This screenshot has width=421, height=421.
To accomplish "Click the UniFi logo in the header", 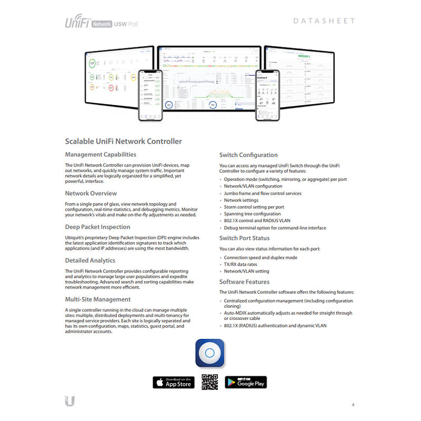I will [77, 23].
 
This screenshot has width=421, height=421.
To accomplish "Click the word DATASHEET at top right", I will [323, 21].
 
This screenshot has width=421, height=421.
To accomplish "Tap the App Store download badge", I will [174, 383].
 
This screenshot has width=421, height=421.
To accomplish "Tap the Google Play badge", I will [246, 383].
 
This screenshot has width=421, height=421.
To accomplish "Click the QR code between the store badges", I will [209, 382].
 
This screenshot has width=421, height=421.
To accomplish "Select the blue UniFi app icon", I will [210, 353].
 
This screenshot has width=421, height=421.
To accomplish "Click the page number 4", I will [353, 405].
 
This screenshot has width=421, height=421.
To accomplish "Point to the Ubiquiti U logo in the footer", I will [69, 400].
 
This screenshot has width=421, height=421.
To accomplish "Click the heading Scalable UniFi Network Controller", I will [123, 142].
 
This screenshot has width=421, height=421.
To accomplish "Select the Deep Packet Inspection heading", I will [97, 227].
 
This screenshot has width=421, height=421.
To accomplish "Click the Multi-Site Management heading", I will [97, 299].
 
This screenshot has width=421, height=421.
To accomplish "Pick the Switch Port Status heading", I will [244, 238].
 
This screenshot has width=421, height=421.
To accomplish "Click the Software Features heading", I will [244, 282].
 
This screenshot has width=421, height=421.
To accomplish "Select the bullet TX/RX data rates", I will [240, 264].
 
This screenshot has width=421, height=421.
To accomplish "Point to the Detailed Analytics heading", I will [90, 260].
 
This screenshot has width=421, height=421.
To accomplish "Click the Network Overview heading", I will [91, 194].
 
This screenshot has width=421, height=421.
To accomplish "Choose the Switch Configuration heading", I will [248, 155].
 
